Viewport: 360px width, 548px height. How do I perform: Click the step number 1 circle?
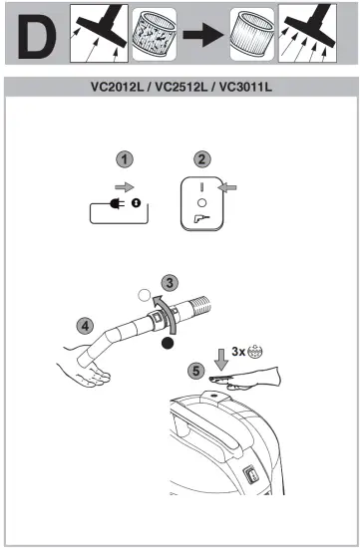tap(124, 158)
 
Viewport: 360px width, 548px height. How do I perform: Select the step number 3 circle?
tap(171, 282)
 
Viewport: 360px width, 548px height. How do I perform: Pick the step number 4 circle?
tap(87, 325)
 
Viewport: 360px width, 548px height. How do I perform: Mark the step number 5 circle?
tap(197, 370)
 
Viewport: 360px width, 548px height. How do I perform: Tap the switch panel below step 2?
tap(203, 204)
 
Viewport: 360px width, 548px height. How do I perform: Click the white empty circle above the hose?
tap(147, 295)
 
